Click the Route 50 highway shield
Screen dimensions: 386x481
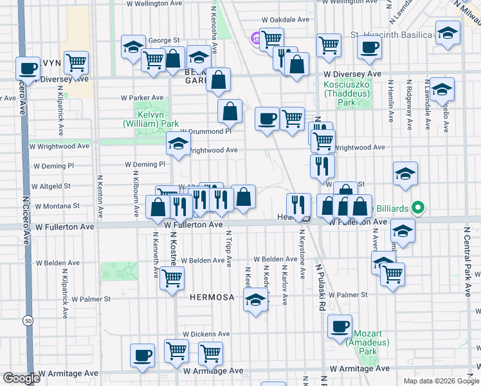point(27,320)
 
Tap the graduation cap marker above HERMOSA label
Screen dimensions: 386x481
point(255,300)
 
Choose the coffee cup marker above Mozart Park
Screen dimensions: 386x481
point(340,326)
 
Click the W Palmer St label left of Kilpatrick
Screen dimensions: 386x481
point(86,299)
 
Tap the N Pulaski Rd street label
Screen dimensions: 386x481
point(319,286)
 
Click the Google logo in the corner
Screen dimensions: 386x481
point(21,378)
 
